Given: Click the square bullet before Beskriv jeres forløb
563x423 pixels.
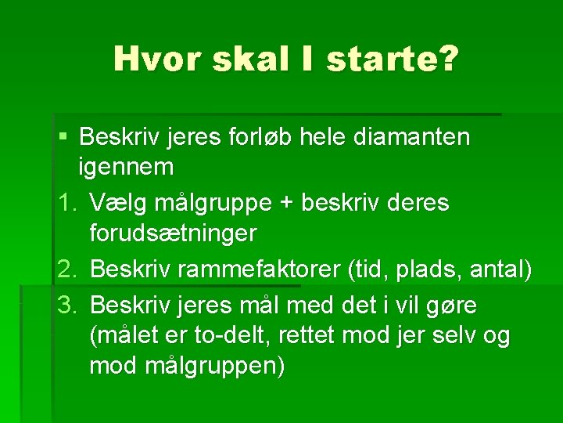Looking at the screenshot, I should coord(63,138).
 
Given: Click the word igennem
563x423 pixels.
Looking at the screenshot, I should coord(126,167).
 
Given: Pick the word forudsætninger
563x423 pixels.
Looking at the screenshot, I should coord(173,233).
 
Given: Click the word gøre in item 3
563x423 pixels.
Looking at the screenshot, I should coord(453,304).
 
